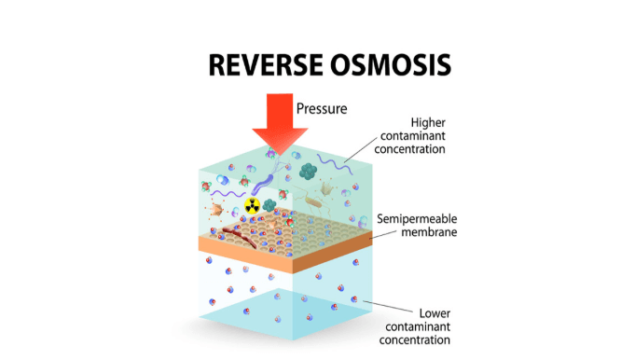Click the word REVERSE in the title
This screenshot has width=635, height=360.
click(x=266, y=64)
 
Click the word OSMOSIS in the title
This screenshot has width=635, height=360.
click(x=391, y=64)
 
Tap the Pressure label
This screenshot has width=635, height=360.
click(x=322, y=108)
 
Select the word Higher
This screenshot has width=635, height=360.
click(x=428, y=123)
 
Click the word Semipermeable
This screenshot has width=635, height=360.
click(x=417, y=219)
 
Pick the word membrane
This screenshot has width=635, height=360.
click(x=429, y=232)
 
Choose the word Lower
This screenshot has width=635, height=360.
click(x=435, y=313)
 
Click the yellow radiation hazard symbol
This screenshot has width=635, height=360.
click(x=253, y=206)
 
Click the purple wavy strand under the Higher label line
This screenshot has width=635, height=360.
click(x=335, y=164)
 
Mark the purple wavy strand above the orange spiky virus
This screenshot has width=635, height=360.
click(x=228, y=194)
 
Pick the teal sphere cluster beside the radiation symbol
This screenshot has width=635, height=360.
click(x=269, y=205)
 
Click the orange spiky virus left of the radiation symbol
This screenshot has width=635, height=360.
click(x=215, y=209)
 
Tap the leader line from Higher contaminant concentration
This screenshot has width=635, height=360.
click(x=361, y=150)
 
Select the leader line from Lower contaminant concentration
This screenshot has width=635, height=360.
click(x=388, y=306)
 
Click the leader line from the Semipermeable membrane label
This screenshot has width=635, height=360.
click(x=383, y=235)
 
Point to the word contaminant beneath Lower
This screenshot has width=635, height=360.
click(x=418, y=326)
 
